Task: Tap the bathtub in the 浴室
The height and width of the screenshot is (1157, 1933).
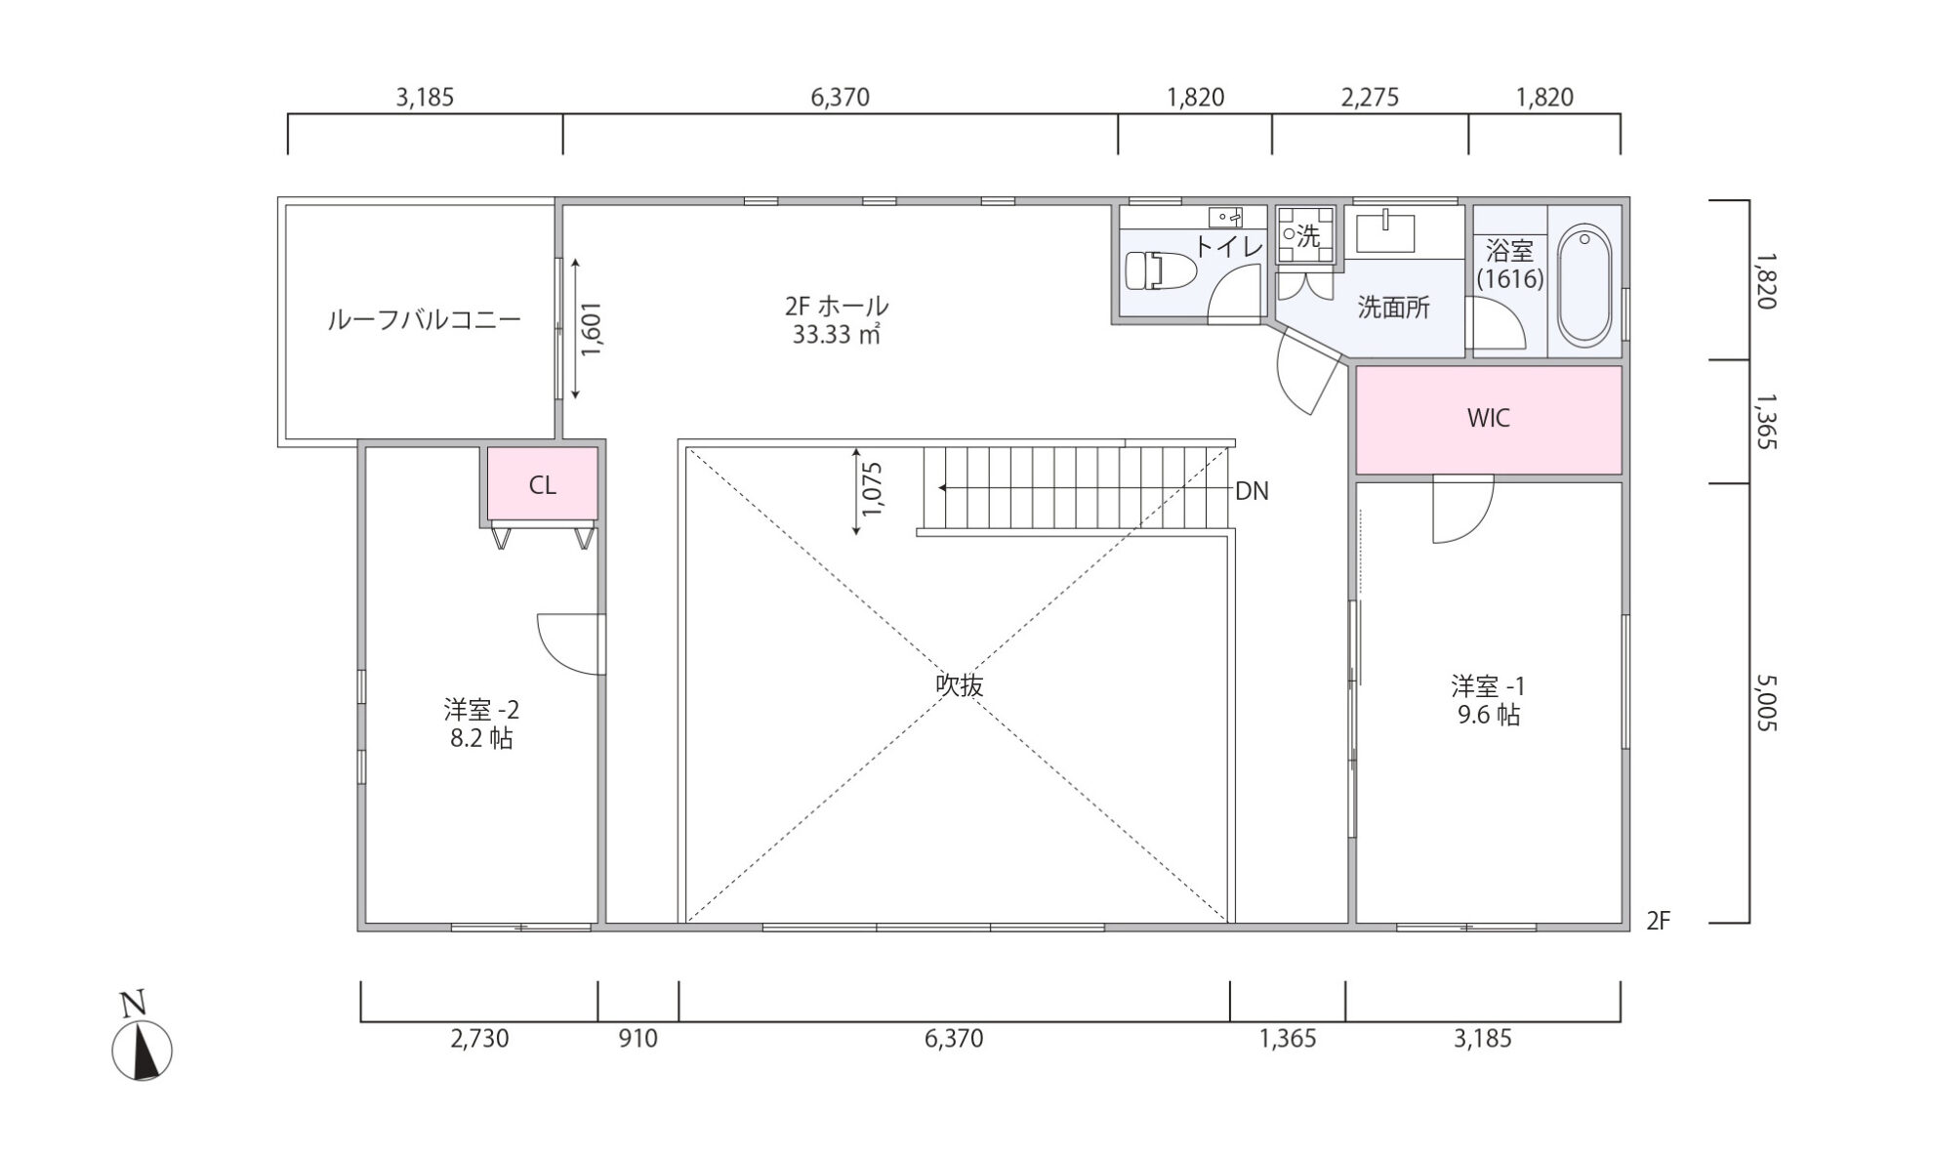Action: [1584, 285]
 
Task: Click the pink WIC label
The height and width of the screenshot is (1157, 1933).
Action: [1488, 418]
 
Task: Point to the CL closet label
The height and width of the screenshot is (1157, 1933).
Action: [543, 485]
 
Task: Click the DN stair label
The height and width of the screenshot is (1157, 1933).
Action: [1252, 491]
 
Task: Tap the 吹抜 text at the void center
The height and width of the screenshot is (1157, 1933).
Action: [959, 685]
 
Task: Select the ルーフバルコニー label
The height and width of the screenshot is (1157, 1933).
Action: [424, 319]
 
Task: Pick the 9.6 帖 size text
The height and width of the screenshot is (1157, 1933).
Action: [1488, 715]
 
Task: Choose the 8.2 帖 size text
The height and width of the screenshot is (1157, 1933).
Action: [481, 738]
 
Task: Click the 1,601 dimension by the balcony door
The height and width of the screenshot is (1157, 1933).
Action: [592, 329]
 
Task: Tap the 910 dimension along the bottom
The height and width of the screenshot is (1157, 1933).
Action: [638, 1038]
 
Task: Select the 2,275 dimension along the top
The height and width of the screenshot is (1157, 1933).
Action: [1370, 98]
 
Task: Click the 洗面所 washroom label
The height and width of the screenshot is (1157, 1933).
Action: [1393, 308]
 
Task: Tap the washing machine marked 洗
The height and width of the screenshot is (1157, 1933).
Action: [1304, 235]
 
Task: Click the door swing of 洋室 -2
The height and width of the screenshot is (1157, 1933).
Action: [570, 643]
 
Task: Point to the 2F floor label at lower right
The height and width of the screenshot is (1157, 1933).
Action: [1658, 921]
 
